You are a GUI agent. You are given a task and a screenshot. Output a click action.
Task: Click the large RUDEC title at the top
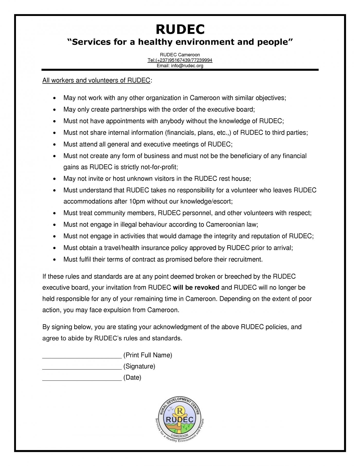tap(180, 29)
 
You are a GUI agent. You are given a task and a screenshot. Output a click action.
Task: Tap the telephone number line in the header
tap(180, 60)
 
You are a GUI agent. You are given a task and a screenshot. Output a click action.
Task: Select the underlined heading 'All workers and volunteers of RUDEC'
tap(96, 80)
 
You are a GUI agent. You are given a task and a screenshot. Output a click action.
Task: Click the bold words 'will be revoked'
tap(196, 287)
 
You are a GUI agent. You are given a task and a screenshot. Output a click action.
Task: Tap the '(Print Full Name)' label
tap(148, 355)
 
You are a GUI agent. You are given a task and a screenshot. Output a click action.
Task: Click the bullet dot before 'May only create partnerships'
tap(54, 110)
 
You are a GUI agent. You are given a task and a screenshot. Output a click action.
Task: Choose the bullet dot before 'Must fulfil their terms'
tap(54, 260)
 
